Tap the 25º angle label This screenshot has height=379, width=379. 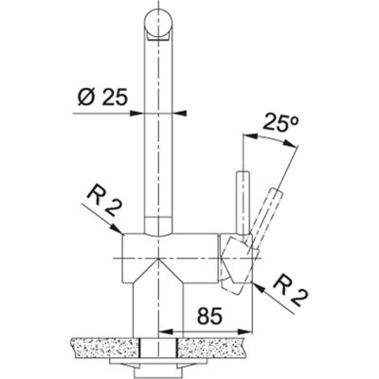282,123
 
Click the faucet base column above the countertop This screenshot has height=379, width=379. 156,303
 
